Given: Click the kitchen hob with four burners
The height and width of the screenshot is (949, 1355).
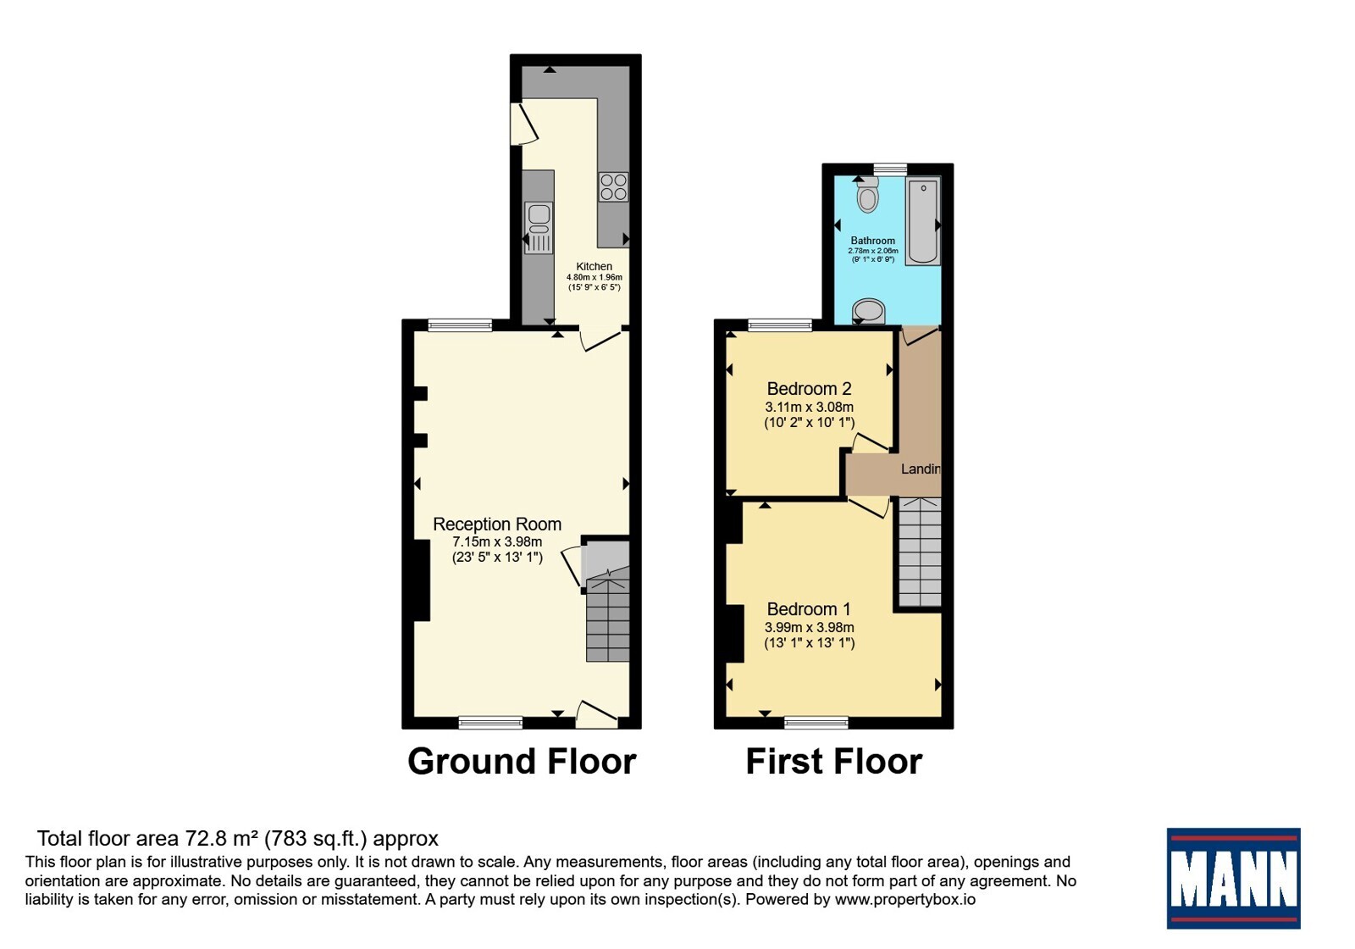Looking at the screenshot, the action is pos(613,187).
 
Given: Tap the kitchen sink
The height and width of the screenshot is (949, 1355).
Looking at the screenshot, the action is pos(539,228).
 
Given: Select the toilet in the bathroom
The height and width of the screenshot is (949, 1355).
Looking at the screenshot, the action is pos(868,194).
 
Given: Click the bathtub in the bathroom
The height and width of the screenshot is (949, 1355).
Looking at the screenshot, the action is pos(923,221).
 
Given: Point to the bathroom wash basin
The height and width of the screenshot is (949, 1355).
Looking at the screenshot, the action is pos(869,311).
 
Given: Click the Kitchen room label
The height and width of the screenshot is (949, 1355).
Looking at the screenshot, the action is pos(594,266).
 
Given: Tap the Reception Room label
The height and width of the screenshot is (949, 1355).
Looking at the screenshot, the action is pos(497,524).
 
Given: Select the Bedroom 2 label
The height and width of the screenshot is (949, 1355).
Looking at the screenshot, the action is pos(810,389).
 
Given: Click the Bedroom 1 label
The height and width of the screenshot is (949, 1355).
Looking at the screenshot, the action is pos(810,609).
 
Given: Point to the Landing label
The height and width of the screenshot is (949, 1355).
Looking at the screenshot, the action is pos(921,469).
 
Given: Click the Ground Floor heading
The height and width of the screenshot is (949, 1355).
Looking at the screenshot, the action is pos(522,762).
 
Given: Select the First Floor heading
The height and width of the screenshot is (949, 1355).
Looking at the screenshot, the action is pos(834,762).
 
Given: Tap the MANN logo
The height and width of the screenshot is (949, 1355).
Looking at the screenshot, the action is pos(1233,878).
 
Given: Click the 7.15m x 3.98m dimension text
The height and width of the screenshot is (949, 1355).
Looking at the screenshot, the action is pos(497,541).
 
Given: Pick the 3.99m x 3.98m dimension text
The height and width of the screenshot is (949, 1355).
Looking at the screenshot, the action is pos(810,628).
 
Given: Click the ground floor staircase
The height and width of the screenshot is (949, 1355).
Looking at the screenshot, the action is pos(608,615).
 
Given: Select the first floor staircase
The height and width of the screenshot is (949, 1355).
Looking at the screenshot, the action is pos(920,552).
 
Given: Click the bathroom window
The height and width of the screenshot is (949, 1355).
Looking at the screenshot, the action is pos(890,169).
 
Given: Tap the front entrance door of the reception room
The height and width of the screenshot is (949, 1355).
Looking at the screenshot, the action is pos(596,715).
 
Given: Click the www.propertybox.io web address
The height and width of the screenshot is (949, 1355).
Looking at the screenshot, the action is pos(905,899).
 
